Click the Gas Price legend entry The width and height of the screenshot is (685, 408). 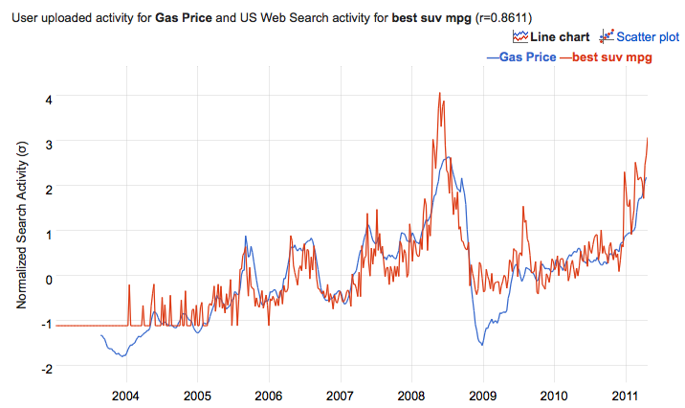[x=520, y=57]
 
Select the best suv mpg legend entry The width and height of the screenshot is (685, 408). [x=607, y=57]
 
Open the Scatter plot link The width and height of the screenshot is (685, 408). [x=647, y=37]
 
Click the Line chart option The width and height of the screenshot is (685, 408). [x=559, y=37]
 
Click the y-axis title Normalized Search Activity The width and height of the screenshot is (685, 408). [x=20, y=222]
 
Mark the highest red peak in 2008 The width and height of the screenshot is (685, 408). [x=439, y=93]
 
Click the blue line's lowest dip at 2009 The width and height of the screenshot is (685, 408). [x=482, y=345]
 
